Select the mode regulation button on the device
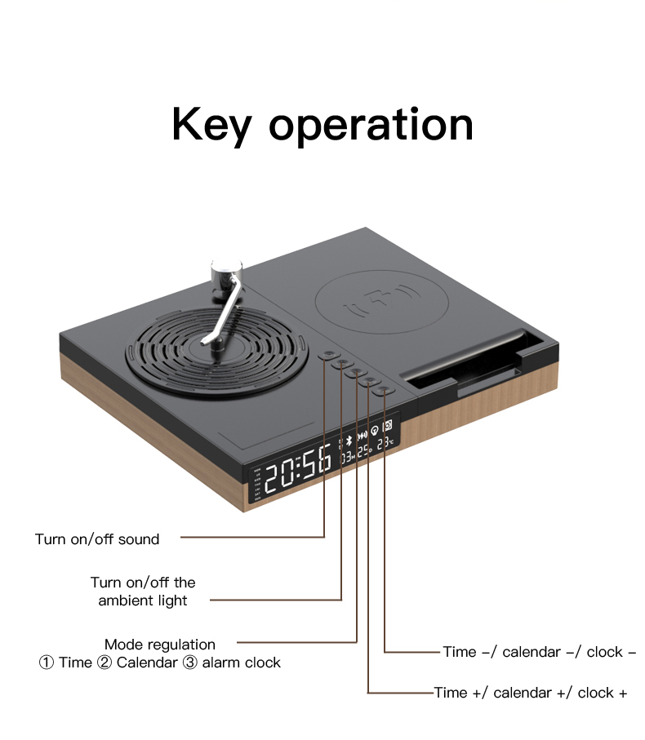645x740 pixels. [x=355, y=372]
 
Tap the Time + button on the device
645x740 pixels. [x=369, y=381]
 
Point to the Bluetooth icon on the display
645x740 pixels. [x=345, y=440]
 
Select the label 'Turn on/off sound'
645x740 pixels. [x=97, y=539]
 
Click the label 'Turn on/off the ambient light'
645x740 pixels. [x=143, y=592]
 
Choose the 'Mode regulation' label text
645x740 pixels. [x=160, y=645]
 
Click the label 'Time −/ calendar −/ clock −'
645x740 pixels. [x=539, y=652]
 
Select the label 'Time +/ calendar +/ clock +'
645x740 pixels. [x=531, y=693]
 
